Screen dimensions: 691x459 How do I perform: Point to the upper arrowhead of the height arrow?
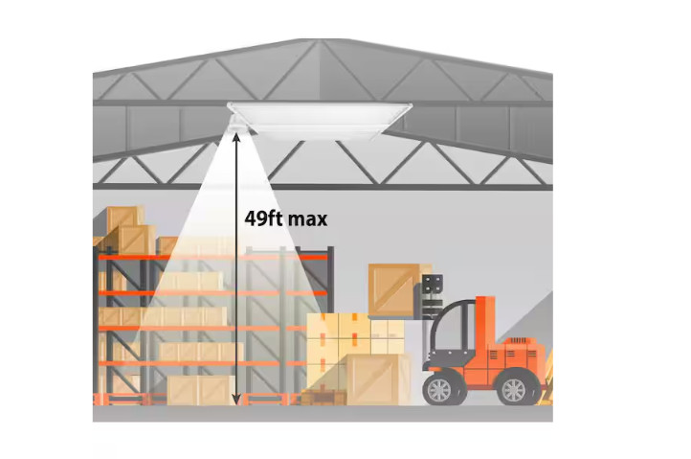click(236, 138)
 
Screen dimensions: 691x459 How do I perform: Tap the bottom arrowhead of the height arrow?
click(236, 399)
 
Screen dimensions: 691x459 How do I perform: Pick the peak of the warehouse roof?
click(322, 40)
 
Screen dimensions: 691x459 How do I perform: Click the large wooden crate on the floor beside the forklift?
click(378, 379)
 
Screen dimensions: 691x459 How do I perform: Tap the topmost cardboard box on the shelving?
click(125, 218)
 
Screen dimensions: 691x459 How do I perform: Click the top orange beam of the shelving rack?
click(212, 258)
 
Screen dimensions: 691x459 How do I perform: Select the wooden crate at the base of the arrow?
click(201, 390)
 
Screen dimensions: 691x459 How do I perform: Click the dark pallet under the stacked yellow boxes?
click(323, 398)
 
